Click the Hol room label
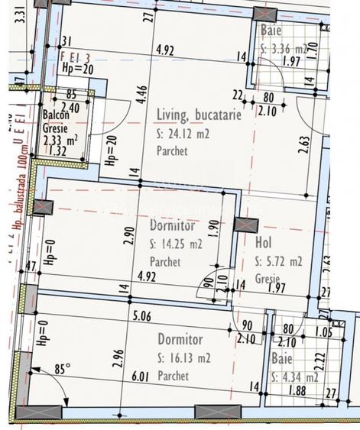(264, 244)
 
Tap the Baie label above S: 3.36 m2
(271, 31)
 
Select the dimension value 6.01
(141, 377)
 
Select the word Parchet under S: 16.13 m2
(173, 377)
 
